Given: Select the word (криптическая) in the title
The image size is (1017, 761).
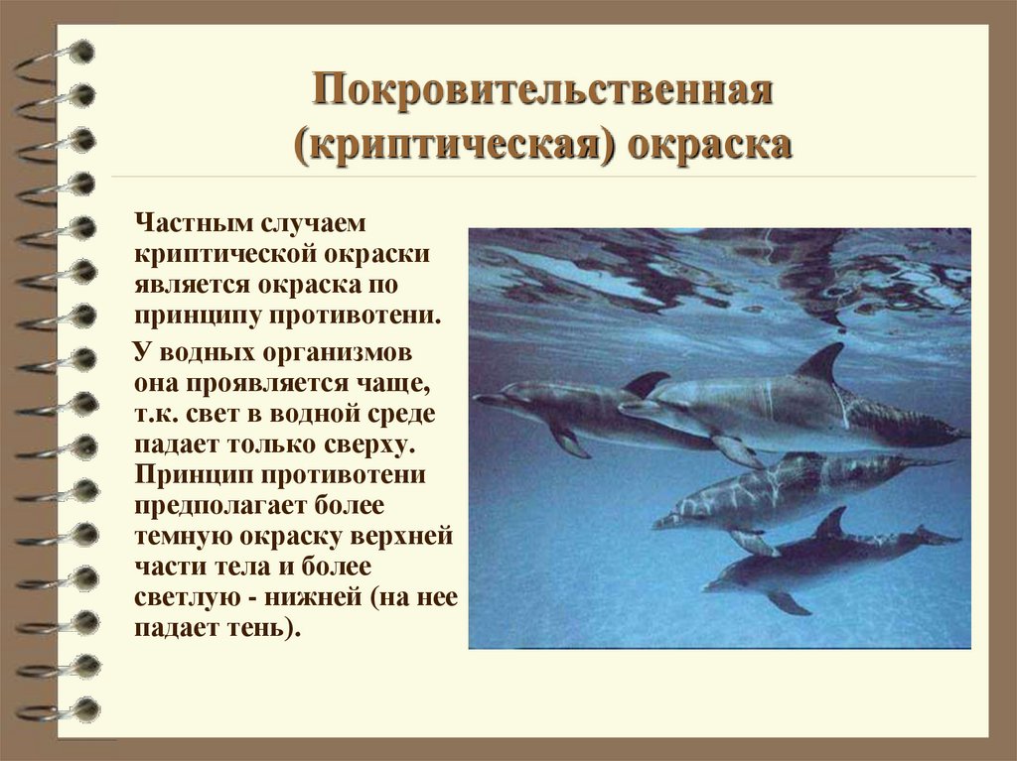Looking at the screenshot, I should [x=446, y=144].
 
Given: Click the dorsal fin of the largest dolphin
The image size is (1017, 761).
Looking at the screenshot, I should [x=821, y=363].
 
